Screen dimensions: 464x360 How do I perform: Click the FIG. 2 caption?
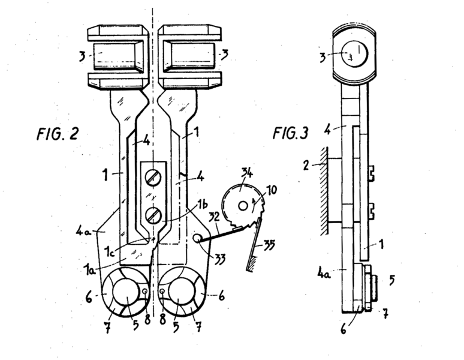click(x=58, y=134)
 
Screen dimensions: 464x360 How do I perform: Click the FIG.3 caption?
click(x=290, y=133)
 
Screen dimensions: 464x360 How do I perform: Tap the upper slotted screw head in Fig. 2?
click(x=153, y=178)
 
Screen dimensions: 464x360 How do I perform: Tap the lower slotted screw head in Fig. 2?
click(x=153, y=215)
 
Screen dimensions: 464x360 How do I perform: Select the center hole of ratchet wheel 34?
click(x=243, y=206)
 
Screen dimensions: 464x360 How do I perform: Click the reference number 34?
click(x=246, y=173)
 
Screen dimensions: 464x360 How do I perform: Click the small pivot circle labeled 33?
click(x=197, y=238)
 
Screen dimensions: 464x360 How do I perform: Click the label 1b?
click(x=202, y=204)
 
